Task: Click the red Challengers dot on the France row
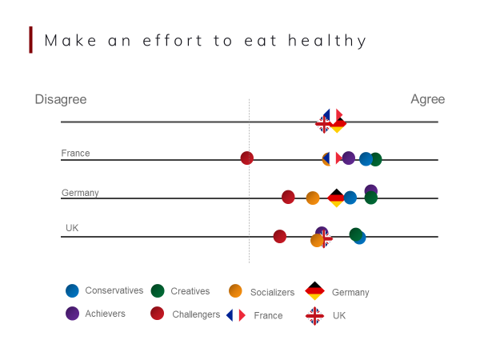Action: [247, 158]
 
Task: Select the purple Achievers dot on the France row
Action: [349, 158]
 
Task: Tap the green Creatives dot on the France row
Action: [375, 159]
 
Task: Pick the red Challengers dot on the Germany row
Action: [288, 197]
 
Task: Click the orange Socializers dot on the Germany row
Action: [313, 198]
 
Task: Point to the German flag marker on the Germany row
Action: [336, 198]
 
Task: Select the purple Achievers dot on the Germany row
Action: [371, 190]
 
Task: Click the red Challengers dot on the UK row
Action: [279, 236]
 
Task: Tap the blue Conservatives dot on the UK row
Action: [360, 238]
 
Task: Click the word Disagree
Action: [61, 99]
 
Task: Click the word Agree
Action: [427, 99]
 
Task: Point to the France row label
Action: [75, 153]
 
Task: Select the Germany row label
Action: [80, 193]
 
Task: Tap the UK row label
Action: [72, 228]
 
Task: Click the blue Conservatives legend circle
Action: [72, 291]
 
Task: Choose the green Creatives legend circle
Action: [158, 291]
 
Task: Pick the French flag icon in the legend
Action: [236, 315]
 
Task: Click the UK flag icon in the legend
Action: [314, 315]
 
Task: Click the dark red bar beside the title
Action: [31, 39]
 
